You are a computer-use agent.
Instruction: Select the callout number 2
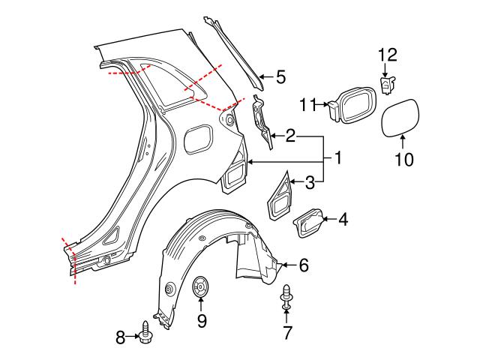click(289, 136)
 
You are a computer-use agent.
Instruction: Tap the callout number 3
click(310, 181)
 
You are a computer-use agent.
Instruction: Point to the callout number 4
click(343, 220)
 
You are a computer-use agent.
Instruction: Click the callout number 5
click(280, 76)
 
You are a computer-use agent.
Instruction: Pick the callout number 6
click(304, 265)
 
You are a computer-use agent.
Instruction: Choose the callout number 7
click(287, 331)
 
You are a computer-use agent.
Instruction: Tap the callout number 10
click(403, 160)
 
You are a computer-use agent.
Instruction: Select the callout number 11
click(308, 106)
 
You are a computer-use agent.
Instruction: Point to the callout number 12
click(388, 54)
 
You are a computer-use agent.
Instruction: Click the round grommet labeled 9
click(201, 287)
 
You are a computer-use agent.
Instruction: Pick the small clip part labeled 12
click(388, 85)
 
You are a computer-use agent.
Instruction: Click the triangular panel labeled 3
click(279, 196)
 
